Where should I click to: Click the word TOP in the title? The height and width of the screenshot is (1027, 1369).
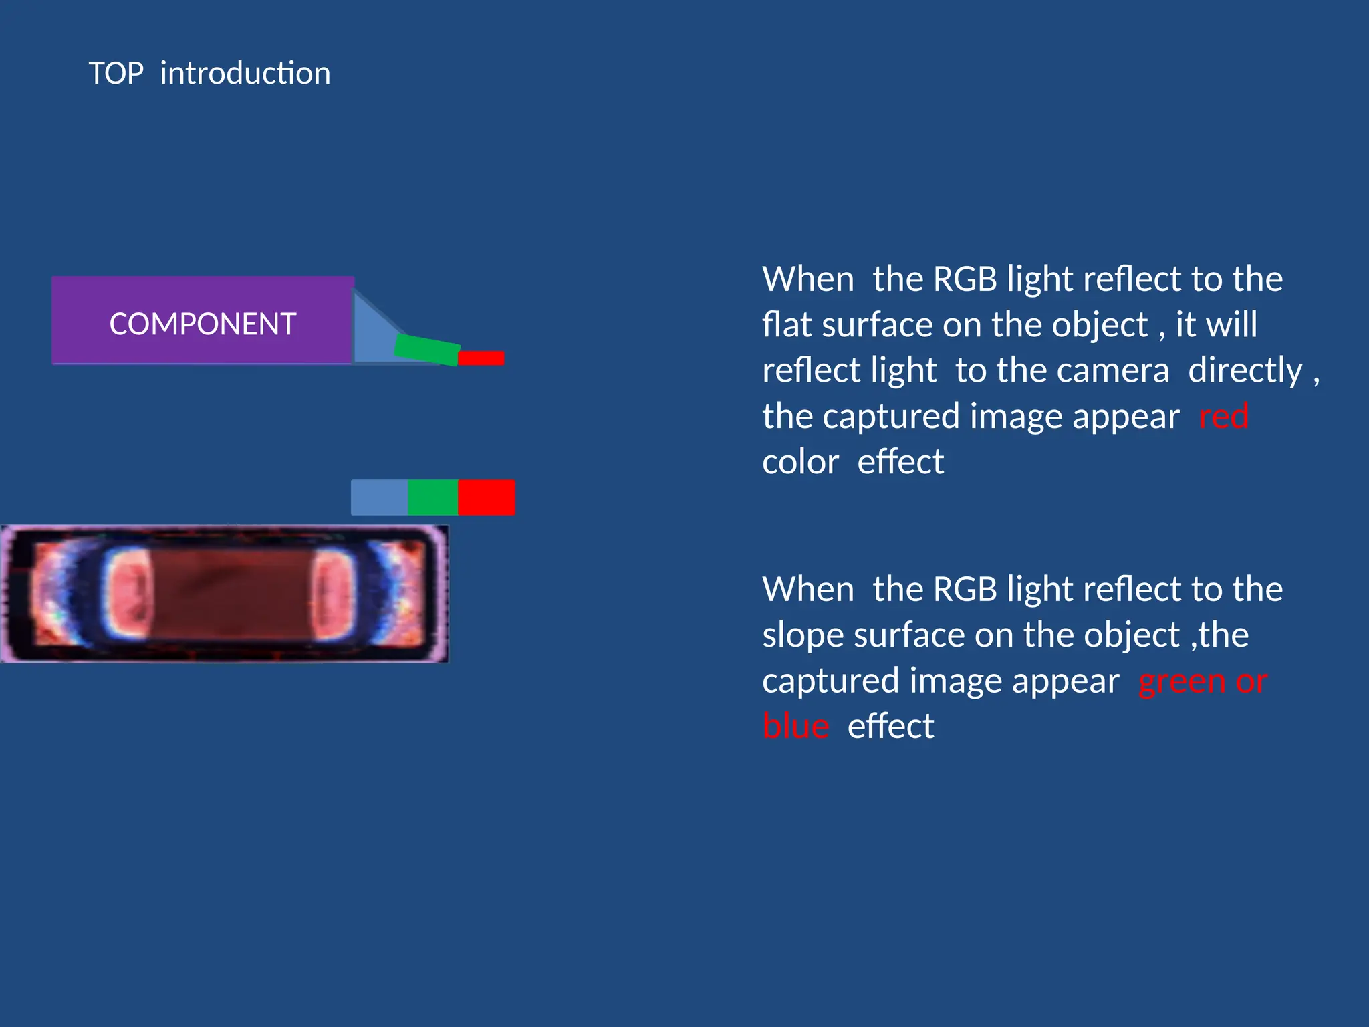tap(116, 73)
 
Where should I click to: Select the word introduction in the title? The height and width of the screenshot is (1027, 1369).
tap(245, 73)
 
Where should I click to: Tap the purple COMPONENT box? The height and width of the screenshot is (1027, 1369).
tap(203, 321)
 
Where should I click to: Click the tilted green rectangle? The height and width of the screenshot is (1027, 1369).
tap(427, 350)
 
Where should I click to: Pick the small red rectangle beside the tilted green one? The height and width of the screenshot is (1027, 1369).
tap(481, 358)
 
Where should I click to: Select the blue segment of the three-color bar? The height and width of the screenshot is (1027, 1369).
tap(379, 497)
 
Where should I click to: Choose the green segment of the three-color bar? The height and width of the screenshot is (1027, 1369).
tap(432, 497)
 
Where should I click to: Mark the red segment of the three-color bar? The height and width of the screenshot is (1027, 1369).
tap(487, 497)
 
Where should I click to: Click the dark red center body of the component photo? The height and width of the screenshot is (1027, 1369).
tap(231, 594)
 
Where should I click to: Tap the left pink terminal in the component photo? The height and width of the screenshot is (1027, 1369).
tap(128, 593)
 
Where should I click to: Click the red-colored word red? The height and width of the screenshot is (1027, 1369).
tap(1223, 417)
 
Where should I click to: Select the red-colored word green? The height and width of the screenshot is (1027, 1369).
tap(1181, 682)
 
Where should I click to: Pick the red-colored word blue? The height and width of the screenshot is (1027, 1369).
tap(795, 726)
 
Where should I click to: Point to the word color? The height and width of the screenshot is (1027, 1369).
tap(800, 462)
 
